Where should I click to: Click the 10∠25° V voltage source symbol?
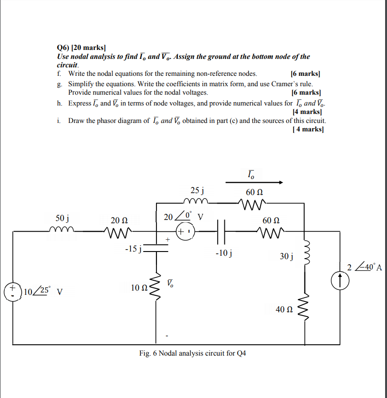(x=12, y=291)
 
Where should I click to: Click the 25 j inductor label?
(x=197, y=190)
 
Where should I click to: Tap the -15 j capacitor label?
(x=133, y=248)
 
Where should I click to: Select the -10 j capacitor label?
(x=222, y=253)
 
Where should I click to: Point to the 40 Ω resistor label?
(x=284, y=309)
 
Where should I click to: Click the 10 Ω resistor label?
(x=140, y=287)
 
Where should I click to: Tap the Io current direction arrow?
(x=254, y=182)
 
